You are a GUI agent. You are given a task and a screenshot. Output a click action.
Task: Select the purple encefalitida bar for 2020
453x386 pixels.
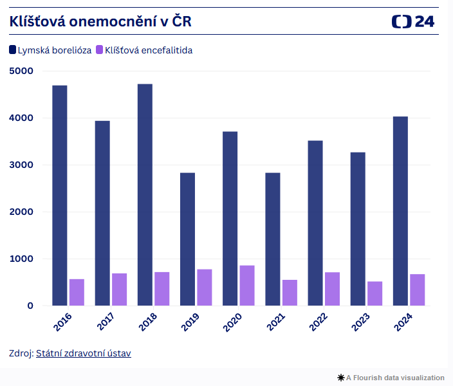coord(247,286)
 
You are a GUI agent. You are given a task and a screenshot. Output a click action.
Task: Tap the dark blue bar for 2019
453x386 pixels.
coord(187,239)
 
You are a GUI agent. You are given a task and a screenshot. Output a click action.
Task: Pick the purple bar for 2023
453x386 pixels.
coord(374,293)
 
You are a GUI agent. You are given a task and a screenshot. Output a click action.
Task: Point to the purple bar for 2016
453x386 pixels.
coord(77,292)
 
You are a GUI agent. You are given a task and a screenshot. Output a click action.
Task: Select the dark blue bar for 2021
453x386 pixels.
coord(272,239)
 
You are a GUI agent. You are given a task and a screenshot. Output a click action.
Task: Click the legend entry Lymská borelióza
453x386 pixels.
coord(50,50)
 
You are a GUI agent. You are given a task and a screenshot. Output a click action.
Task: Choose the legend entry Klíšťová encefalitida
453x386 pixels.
coord(144,50)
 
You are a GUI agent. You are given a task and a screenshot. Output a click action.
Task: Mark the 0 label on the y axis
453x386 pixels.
coord(30,306)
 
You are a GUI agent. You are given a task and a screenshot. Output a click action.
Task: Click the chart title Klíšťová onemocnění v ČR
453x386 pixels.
coord(100,21)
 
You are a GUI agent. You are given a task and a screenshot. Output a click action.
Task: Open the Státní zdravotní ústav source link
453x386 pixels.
coord(84,353)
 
